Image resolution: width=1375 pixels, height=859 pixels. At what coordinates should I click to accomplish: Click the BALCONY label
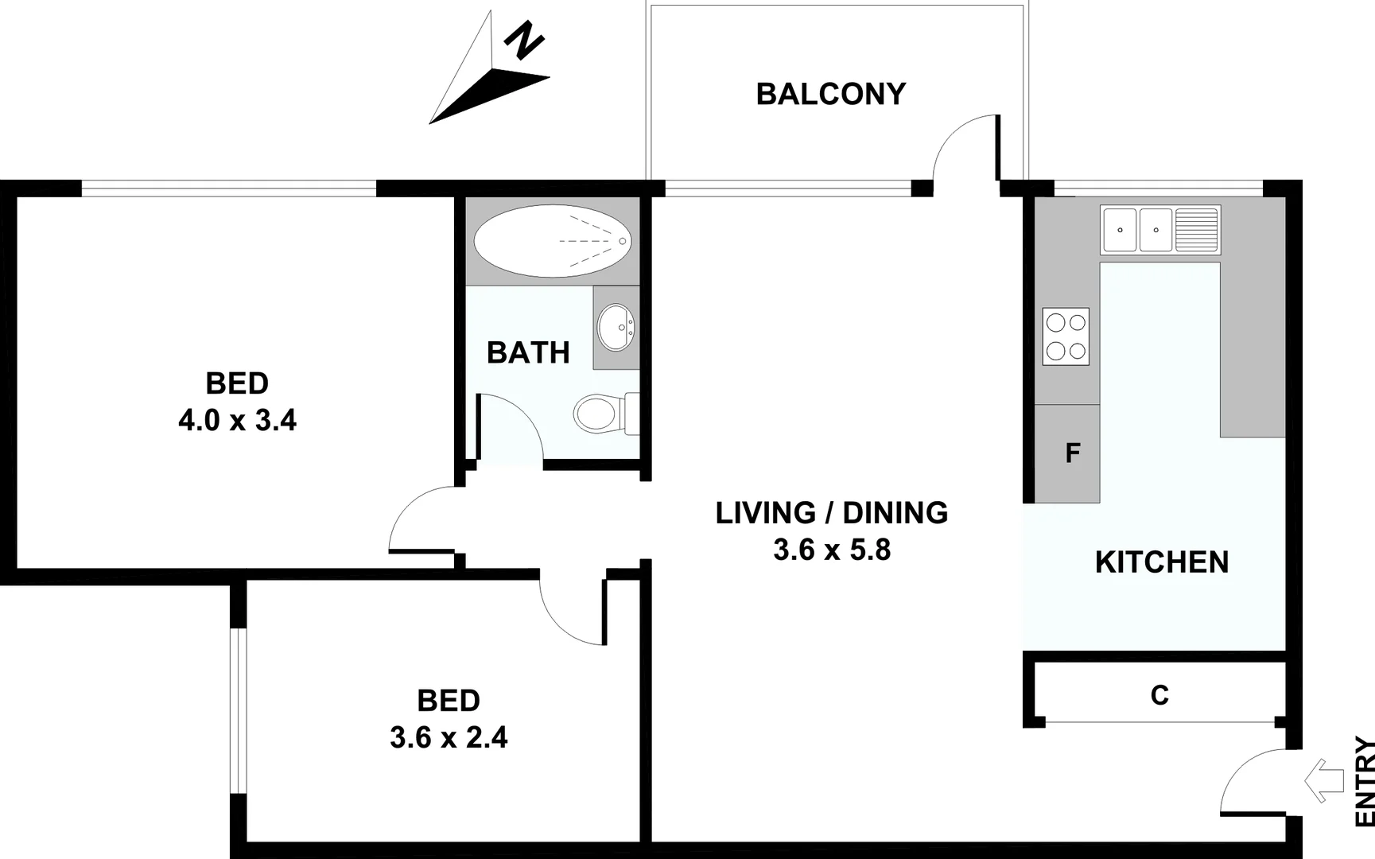[830, 94]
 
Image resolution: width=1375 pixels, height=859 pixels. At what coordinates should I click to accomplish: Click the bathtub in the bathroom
[552, 240]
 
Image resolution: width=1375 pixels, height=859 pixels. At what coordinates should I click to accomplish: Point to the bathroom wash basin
[616, 327]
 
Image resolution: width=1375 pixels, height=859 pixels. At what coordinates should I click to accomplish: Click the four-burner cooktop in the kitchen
[1066, 336]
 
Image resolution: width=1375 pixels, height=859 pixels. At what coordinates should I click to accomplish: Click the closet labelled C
[1159, 695]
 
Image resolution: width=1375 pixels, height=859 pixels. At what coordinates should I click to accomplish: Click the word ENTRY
[1365, 783]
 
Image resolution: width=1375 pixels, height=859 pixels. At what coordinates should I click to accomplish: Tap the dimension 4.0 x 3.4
[237, 420]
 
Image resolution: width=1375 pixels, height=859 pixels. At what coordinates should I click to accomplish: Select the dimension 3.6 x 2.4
[449, 737]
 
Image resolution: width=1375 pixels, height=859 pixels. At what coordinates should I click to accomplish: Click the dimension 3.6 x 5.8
[832, 550]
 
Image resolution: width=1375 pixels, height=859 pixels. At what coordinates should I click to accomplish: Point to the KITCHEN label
[1161, 562]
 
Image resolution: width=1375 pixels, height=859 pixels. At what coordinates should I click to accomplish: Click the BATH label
[528, 352]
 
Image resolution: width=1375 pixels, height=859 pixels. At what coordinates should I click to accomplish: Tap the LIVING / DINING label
[832, 513]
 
